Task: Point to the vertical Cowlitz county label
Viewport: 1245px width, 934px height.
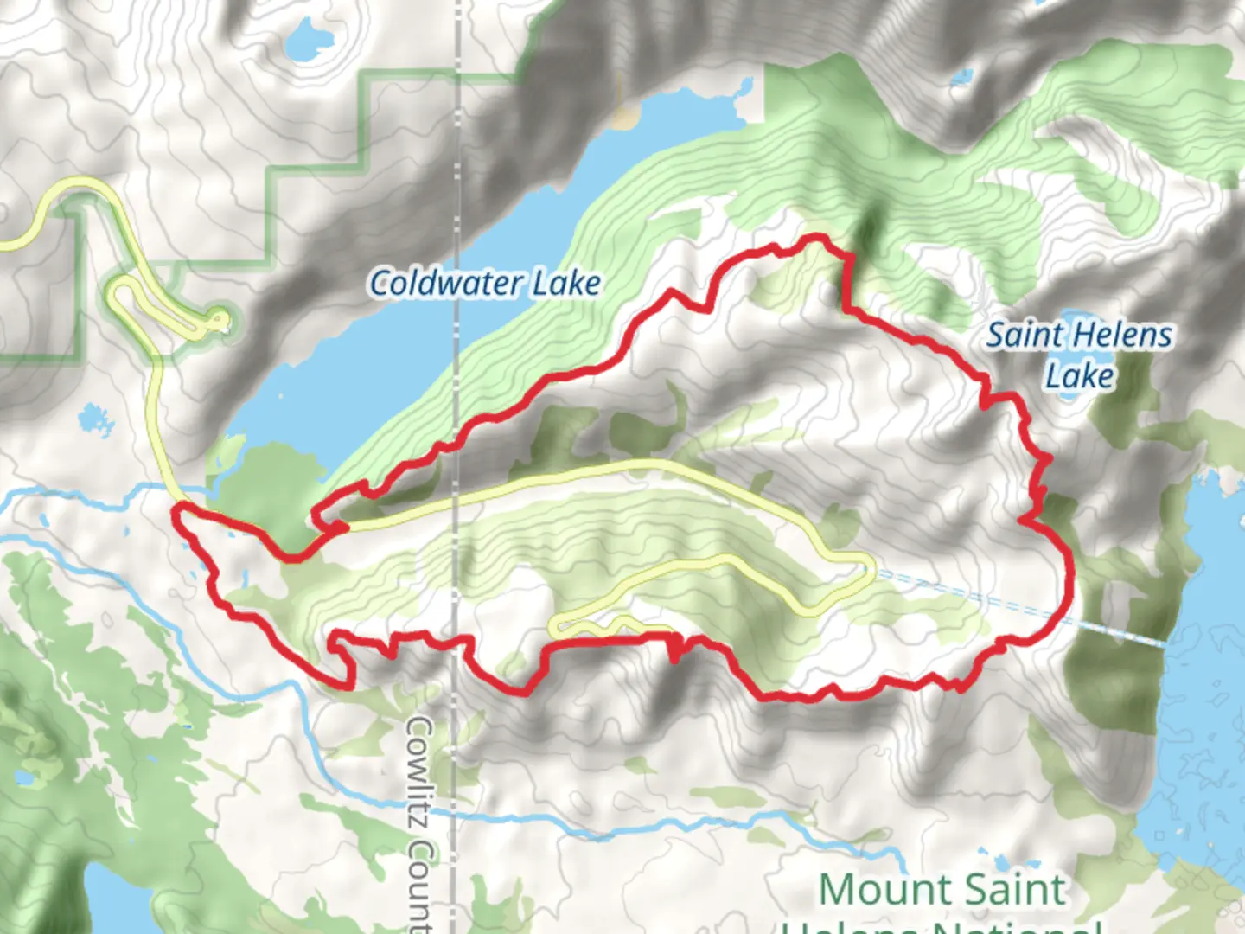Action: [x=420, y=822]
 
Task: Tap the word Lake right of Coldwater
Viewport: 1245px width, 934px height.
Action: [x=566, y=284]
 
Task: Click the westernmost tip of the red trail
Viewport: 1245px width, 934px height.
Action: [x=176, y=516]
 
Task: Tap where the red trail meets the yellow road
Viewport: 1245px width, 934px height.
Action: [x=342, y=526]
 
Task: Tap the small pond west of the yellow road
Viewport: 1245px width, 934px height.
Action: [x=96, y=419]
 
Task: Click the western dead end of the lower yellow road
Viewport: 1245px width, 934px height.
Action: [x=555, y=625]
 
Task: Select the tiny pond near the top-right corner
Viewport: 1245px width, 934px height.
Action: [x=960, y=78]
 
